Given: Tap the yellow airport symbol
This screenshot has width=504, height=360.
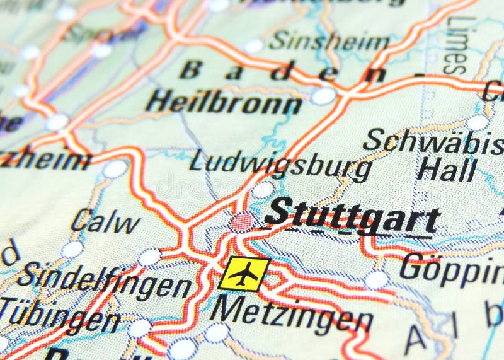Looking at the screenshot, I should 243,274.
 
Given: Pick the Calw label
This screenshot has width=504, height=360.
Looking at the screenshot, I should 105,221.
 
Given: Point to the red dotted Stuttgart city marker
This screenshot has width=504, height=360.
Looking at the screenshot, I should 243,222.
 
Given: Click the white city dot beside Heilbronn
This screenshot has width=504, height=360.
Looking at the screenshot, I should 324,96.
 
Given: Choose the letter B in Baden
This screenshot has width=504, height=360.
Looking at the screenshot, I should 190,70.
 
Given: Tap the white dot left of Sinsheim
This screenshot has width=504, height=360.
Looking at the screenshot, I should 253,46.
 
